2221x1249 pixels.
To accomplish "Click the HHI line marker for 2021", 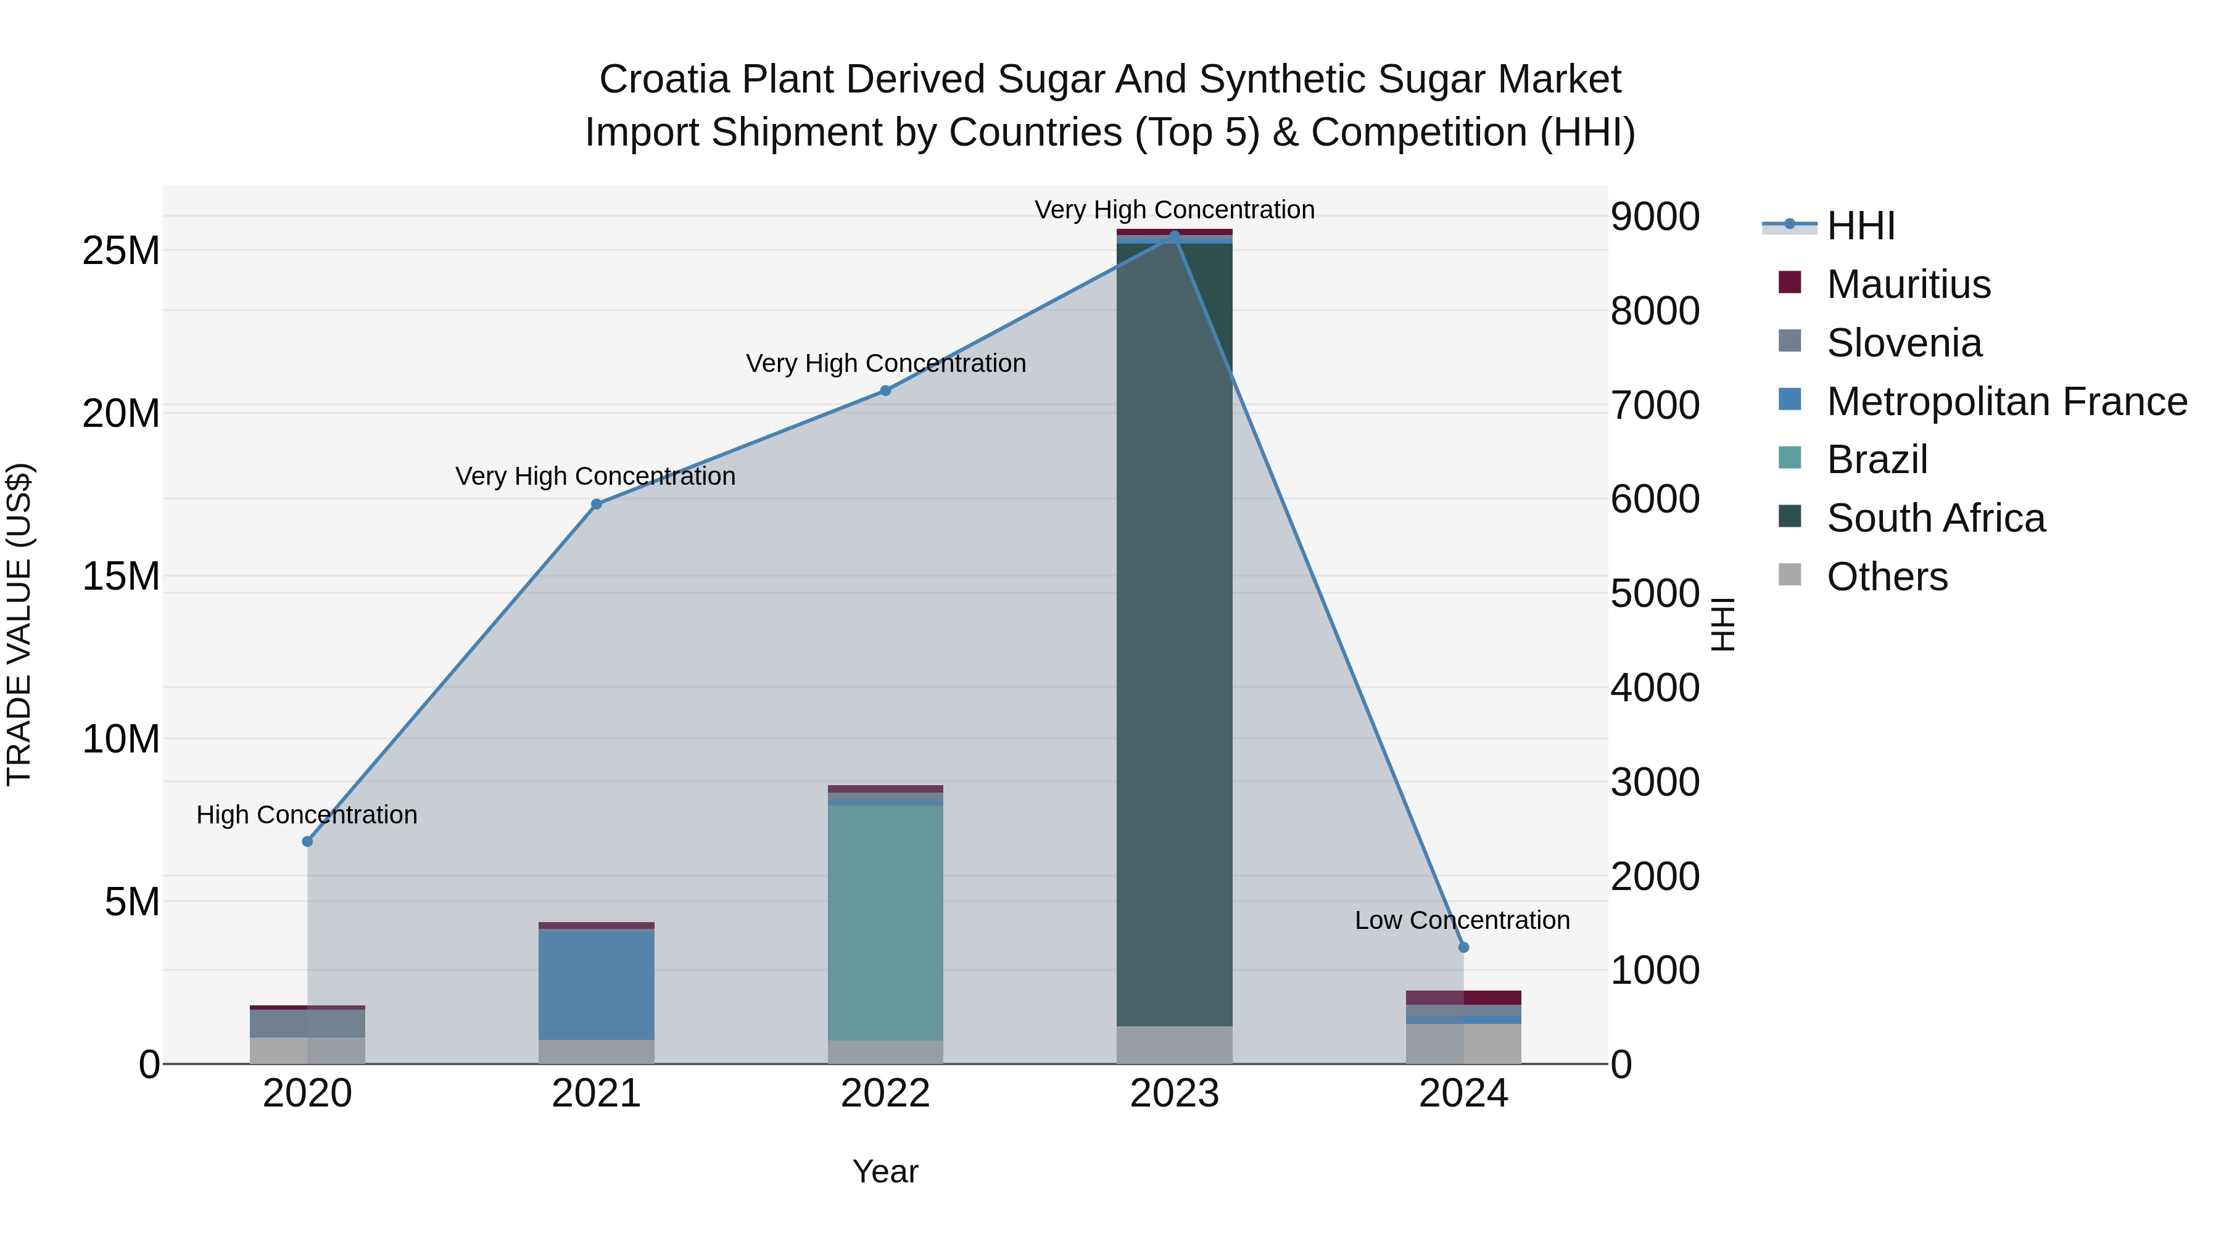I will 596,505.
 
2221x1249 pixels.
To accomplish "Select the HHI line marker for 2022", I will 885,390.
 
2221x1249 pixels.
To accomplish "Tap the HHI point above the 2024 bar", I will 1463,947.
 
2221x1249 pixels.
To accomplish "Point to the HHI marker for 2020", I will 307,841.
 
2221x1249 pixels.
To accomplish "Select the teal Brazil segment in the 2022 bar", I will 885,922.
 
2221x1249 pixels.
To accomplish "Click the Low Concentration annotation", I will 1462,921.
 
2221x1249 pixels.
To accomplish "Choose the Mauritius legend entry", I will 1908,284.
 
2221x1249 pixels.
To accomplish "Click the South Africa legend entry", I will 1935,518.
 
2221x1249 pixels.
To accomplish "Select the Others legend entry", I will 1887,577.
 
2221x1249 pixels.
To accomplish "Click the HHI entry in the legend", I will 1861,226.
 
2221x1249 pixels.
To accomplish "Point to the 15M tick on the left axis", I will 121,576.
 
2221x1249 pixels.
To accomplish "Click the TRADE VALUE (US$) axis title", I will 19,624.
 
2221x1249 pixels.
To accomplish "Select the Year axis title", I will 885,1171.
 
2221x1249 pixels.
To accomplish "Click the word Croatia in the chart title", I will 663,80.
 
